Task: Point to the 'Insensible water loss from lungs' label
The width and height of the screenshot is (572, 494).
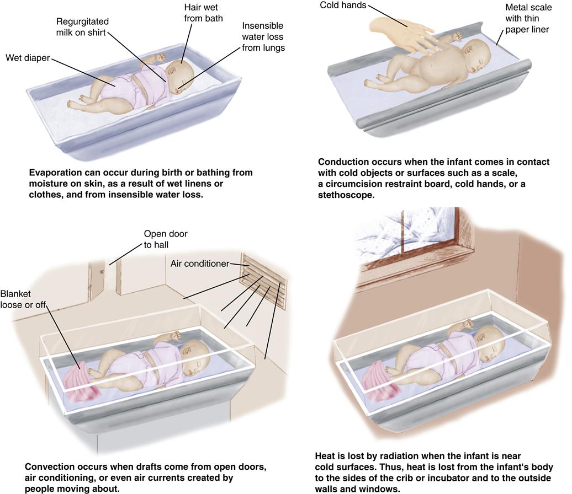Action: point(263,36)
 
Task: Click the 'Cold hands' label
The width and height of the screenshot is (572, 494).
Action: point(343,6)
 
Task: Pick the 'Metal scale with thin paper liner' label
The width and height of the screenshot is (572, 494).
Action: point(527,18)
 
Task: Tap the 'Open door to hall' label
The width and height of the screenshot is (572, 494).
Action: point(165,239)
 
